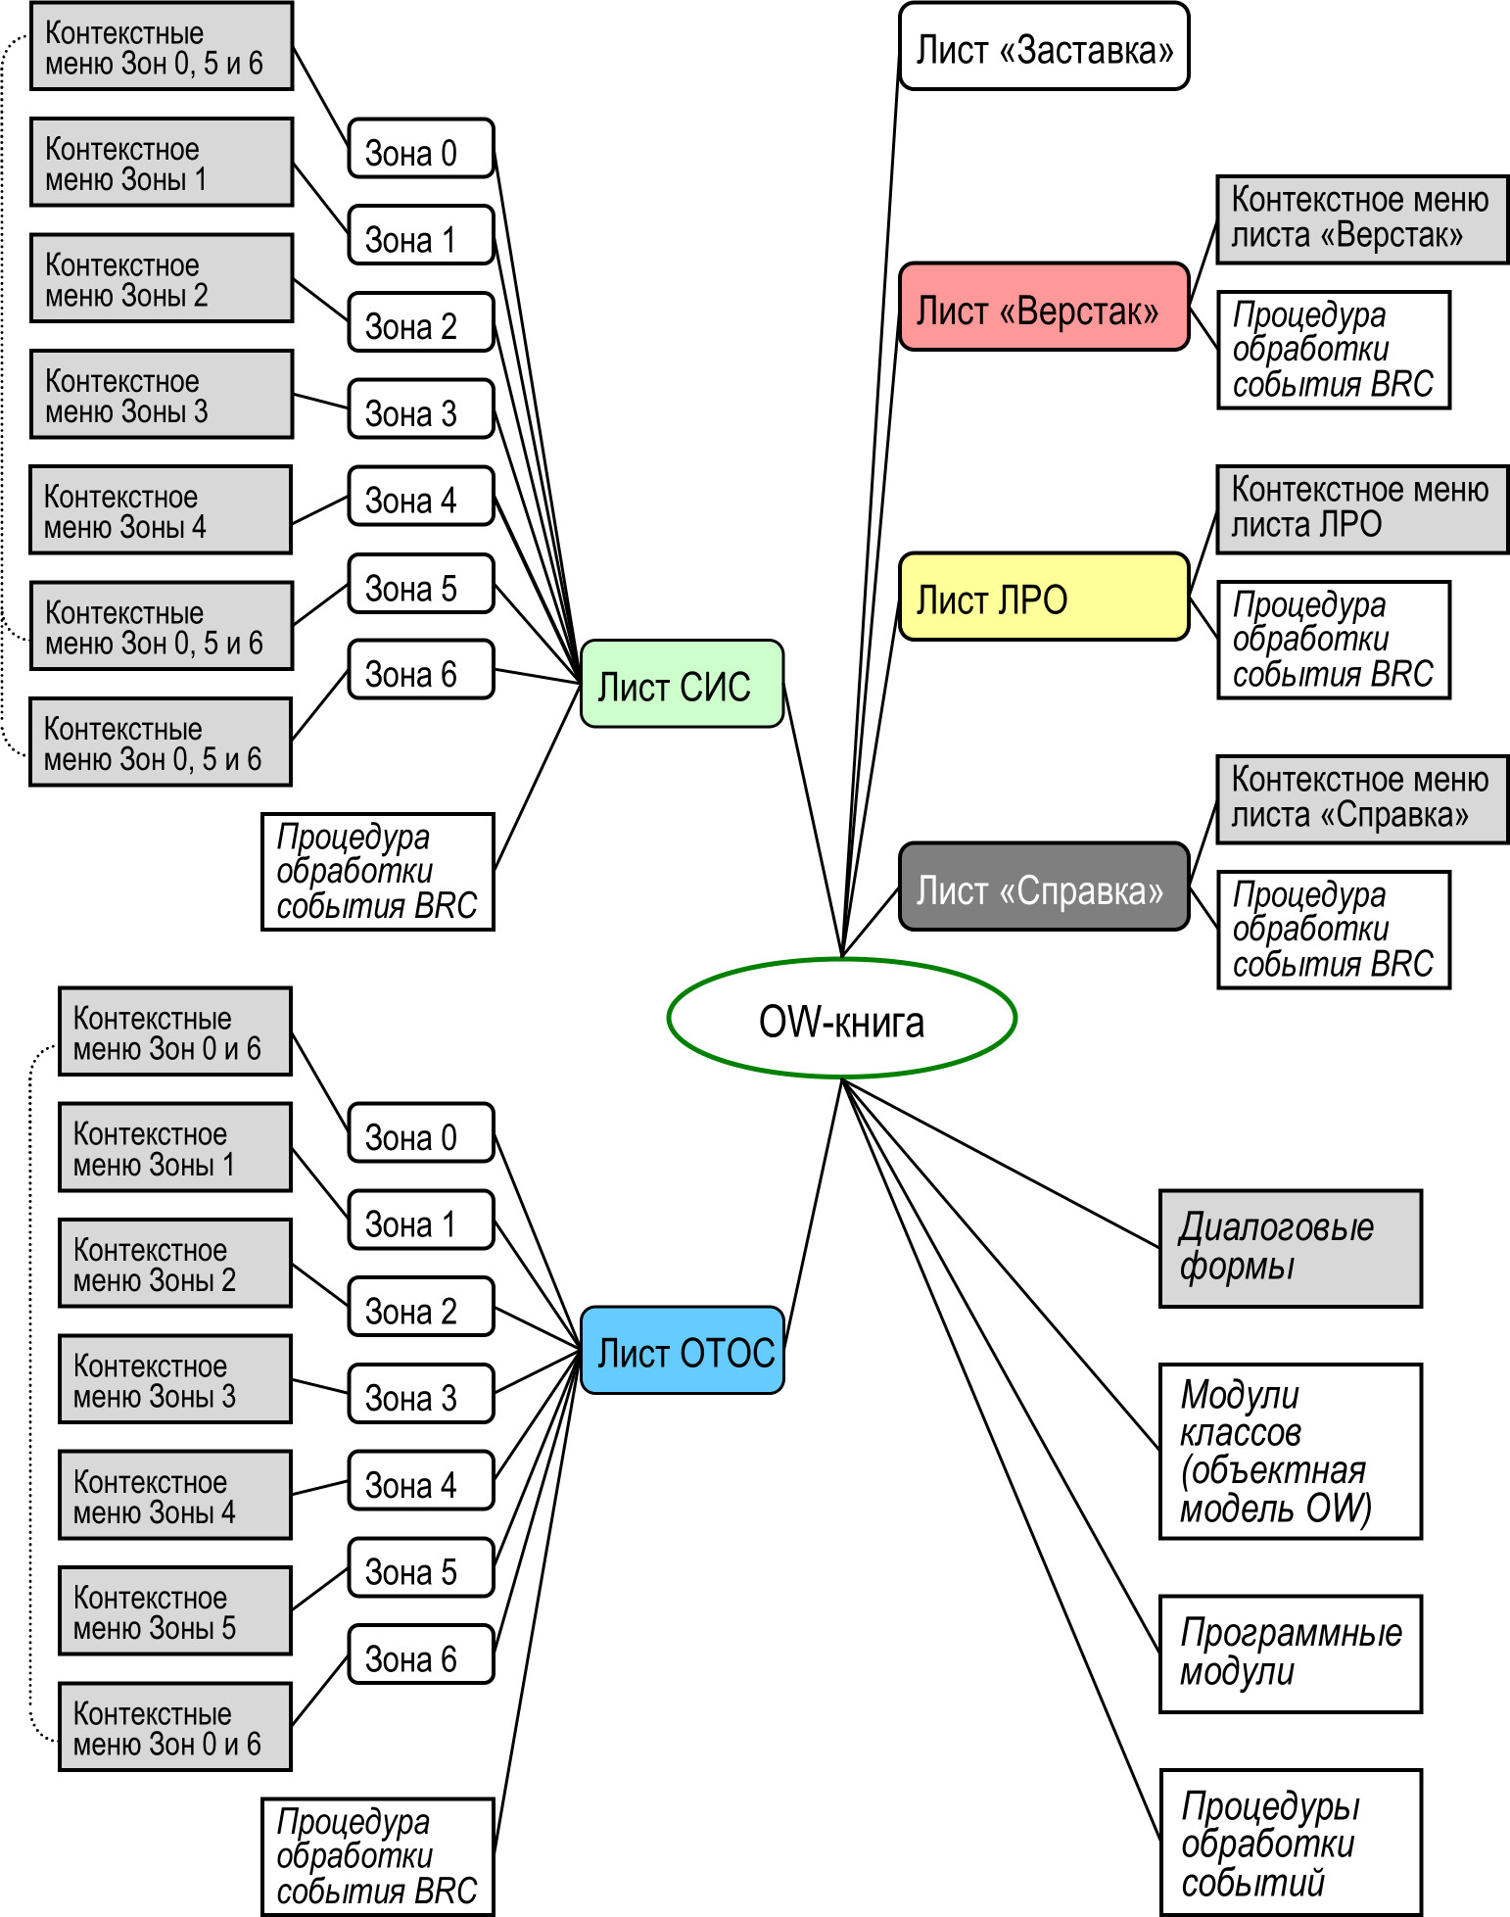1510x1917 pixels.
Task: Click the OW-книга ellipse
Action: tap(841, 1019)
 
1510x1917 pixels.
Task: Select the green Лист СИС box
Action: tap(682, 685)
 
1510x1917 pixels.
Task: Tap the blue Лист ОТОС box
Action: tap(683, 1351)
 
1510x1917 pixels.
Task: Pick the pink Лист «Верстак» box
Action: tap(1044, 307)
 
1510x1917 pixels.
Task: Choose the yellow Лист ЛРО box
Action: tap(1044, 597)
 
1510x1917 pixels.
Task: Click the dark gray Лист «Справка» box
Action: tap(1044, 887)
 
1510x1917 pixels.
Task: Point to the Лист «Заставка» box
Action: tap(1044, 47)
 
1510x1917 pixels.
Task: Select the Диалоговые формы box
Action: tap(1290, 1248)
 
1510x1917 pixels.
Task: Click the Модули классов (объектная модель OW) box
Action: tap(1290, 1451)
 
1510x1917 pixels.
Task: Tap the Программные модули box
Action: tap(1290, 1653)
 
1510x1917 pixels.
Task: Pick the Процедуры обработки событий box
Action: tap(1290, 1843)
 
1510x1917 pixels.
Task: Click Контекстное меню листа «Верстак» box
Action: tap(1362, 219)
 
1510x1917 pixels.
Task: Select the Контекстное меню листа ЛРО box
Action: tap(1362, 509)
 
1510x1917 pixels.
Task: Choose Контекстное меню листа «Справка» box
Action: tap(1362, 799)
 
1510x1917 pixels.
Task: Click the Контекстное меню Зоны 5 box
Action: tap(175, 1611)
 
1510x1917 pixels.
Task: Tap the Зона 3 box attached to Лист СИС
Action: tap(421, 409)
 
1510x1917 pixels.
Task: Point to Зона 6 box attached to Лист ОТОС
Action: tap(421, 1655)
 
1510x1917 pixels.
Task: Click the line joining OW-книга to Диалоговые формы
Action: tap(999, 1162)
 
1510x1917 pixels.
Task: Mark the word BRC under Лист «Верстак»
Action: tap(1401, 384)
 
